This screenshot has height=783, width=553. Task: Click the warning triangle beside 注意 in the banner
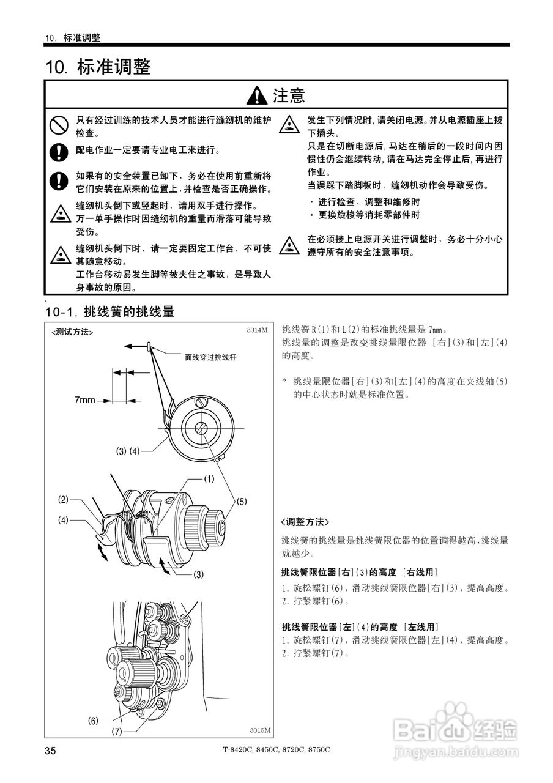[257, 95]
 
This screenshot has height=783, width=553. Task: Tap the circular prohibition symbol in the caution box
[58, 126]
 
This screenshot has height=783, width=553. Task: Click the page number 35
[50, 751]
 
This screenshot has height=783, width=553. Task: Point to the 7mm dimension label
[85, 400]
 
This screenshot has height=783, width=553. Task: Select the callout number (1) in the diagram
[209, 480]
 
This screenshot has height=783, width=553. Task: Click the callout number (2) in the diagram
[64, 500]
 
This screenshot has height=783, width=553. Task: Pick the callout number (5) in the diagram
[242, 502]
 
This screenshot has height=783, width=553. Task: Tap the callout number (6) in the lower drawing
[93, 720]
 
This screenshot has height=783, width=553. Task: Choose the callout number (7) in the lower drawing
[117, 732]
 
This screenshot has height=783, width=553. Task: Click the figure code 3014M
[258, 330]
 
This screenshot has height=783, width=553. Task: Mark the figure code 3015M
[259, 730]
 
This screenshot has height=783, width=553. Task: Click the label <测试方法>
[72, 332]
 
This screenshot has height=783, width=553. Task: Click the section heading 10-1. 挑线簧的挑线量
[110, 312]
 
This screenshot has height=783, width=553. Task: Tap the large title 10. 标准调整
[98, 67]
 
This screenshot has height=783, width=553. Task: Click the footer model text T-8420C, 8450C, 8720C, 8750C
[276, 750]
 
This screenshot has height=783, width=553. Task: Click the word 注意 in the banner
[289, 95]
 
